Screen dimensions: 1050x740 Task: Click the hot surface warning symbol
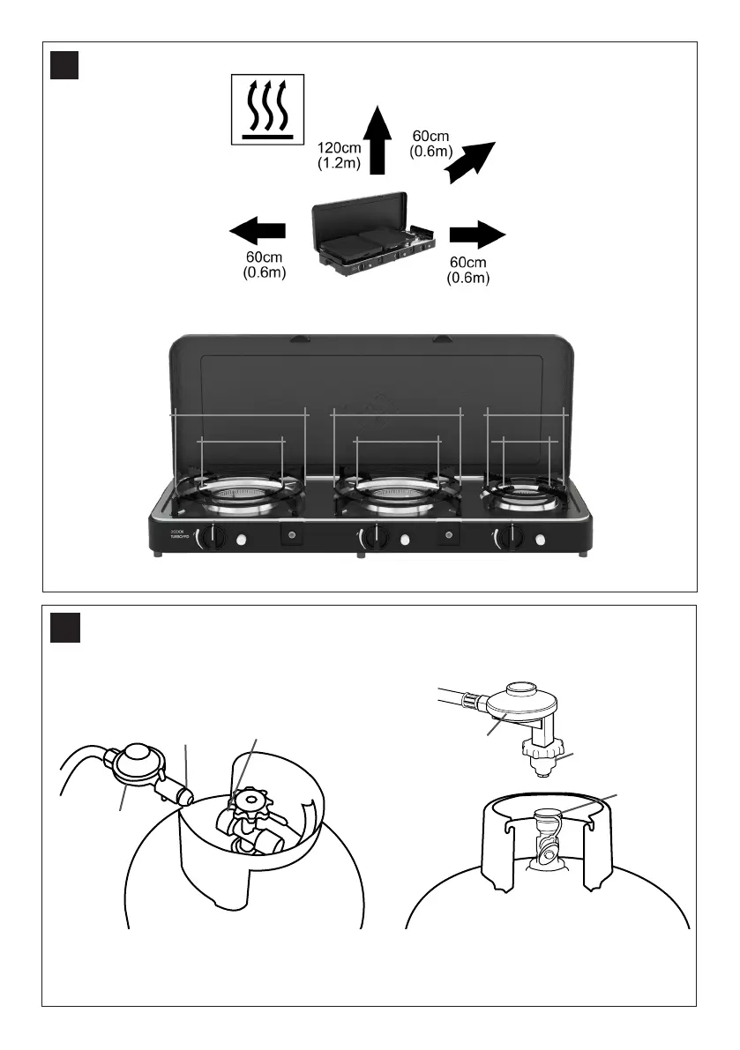266,108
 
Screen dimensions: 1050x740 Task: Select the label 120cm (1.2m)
339,156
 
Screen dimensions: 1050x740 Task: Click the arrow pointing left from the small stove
257,232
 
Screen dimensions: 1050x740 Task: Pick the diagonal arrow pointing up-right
471,161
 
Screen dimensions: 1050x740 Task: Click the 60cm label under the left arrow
265,266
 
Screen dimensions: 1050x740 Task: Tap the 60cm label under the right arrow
467,270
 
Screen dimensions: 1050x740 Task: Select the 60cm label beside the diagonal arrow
431,144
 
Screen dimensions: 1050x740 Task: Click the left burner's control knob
210,537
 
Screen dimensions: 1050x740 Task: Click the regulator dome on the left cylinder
137,754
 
